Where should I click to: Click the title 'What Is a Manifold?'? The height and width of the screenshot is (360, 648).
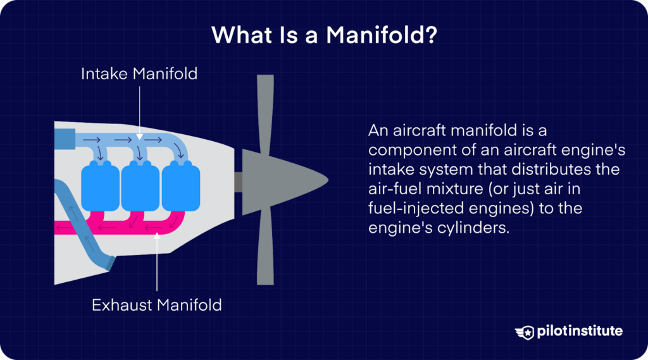(x=324, y=35)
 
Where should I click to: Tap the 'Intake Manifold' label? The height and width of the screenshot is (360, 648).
(x=139, y=74)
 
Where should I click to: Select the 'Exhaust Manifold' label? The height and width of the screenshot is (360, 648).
(x=157, y=305)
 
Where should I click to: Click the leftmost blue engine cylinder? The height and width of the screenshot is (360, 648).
(x=100, y=185)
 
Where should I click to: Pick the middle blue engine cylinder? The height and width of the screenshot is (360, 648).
(x=140, y=185)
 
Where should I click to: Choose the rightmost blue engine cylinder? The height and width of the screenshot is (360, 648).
(x=180, y=185)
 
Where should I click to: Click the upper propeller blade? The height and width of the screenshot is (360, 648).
(x=265, y=111)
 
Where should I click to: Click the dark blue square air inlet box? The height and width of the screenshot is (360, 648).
(x=65, y=138)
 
